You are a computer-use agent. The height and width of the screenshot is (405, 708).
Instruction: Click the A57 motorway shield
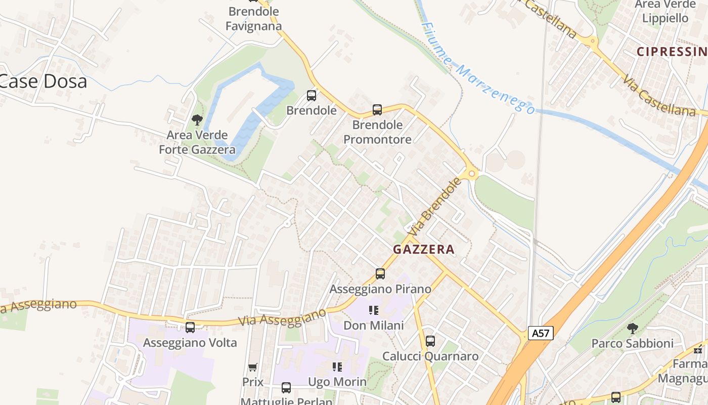pos(541,333)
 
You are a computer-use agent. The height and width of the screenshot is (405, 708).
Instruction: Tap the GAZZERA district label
pos(424,249)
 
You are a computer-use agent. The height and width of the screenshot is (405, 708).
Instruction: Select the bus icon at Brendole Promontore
pos(377,110)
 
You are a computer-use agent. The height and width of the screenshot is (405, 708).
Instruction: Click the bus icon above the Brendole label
pos(312,96)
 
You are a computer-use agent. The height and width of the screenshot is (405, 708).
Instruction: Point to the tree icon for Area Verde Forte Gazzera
pos(197,120)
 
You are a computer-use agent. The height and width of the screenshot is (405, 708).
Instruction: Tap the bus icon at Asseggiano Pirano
pos(380,274)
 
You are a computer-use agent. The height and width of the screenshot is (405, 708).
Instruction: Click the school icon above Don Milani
pos(374,310)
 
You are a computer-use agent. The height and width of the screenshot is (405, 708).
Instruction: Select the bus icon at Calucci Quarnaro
pos(430,341)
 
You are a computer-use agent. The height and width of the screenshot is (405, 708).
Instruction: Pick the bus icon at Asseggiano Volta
pos(190,328)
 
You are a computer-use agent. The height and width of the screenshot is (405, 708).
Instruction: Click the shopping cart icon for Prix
pos(253,367)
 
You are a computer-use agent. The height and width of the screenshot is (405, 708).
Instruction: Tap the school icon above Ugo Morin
pos(337,367)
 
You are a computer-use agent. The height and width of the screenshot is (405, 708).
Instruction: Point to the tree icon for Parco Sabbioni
pos(632,329)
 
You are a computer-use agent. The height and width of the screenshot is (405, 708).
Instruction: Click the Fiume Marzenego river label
pos(478,68)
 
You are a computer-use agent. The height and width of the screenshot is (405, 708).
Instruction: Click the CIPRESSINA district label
pos(672,51)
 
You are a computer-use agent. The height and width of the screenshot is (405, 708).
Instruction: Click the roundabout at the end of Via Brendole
pos(472,174)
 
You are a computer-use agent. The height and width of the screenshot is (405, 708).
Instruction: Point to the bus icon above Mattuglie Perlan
pos(286,388)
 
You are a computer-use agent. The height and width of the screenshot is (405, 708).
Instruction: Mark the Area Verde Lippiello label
pos(665,11)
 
